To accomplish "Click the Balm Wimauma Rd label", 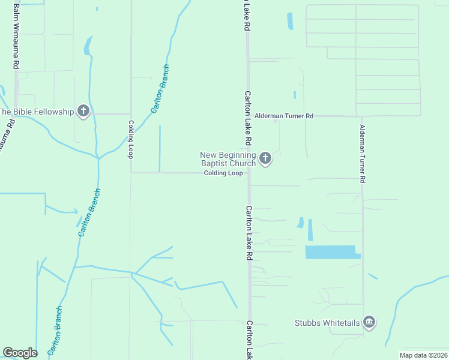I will click(17, 36).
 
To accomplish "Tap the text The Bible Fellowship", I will click(36, 112).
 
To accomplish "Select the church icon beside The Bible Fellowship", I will click(83, 112).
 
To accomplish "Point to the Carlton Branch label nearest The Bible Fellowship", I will click(160, 89).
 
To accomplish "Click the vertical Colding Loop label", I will click(130, 139).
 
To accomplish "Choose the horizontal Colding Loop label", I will click(223, 173).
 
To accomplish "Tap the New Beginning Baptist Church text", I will click(228, 159).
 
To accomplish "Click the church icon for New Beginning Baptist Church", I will click(265, 159).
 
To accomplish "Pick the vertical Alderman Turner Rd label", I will click(362, 153).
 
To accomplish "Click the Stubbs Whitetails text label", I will click(327, 323).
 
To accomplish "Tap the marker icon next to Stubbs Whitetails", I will click(369, 323).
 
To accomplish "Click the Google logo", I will click(20, 353).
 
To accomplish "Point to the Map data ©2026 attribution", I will click(424, 355).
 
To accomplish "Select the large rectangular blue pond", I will click(330, 252).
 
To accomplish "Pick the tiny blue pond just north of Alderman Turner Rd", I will click(294, 95).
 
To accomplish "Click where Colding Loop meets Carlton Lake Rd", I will click(248, 173).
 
